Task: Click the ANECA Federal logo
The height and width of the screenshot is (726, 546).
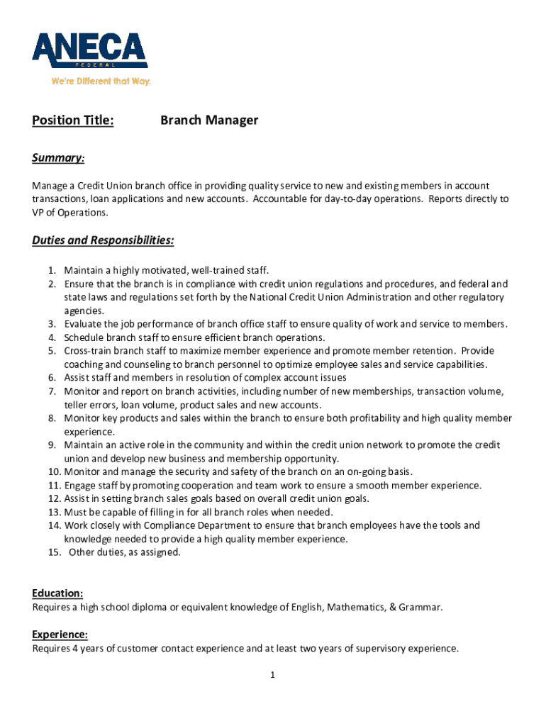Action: (x=89, y=51)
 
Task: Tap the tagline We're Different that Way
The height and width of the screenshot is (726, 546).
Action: (x=101, y=82)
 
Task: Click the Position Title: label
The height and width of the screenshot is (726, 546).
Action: (x=72, y=121)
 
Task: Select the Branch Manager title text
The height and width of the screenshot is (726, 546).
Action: (x=208, y=121)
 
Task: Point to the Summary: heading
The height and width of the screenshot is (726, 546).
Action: (x=59, y=157)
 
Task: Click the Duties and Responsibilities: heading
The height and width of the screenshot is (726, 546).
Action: (x=103, y=240)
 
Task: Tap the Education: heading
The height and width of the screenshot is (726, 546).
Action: (x=57, y=593)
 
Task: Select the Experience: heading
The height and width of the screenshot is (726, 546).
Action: (x=60, y=634)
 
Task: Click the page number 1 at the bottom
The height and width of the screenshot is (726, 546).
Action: (x=272, y=675)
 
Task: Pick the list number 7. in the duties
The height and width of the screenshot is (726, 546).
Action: (x=52, y=391)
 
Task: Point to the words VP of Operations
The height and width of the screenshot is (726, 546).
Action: (x=70, y=213)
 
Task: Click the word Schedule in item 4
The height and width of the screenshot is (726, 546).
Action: (x=84, y=337)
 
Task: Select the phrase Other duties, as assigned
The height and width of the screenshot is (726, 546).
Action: (x=124, y=552)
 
